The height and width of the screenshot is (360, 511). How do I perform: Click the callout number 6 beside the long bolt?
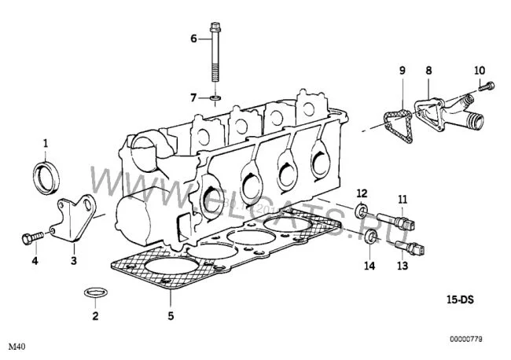pyautogui.click(x=194, y=39)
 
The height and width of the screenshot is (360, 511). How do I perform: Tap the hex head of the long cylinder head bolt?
pyautogui.click(x=215, y=26)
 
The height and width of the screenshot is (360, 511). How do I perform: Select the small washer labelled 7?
pyautogui.click(x=215, y=97)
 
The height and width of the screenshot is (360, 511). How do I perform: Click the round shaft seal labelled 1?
pyautogui.click(x=46, y=177)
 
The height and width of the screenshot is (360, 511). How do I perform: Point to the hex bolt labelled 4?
pyautogui.click(x=32, y=238)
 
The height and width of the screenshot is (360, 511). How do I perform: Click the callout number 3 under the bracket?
pyautogui.click(x=74, y=261)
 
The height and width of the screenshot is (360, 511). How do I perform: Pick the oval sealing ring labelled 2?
pyautogui.click(x=96, y=292)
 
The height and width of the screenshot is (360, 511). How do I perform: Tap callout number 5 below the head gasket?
pyautogui.click(x=171, y=315)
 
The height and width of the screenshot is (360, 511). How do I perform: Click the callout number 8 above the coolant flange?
pyautogui.click(x=428, y=71)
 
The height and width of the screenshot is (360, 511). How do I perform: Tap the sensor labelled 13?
pyautogui.click(x=410, y=248)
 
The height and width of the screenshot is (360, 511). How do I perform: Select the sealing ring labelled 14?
pyautogui.click(x=370, y=237)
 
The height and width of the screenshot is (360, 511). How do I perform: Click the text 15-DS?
pyautogui.click(x=460, y=299)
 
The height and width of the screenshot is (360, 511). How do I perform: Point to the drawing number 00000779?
pyautogui.click(x=466, y=339)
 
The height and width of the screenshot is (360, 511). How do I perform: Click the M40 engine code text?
pyautogui.click(x=17, y=347)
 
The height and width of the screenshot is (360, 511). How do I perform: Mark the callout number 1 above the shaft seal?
pyautogui.click(x=46, y=143)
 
